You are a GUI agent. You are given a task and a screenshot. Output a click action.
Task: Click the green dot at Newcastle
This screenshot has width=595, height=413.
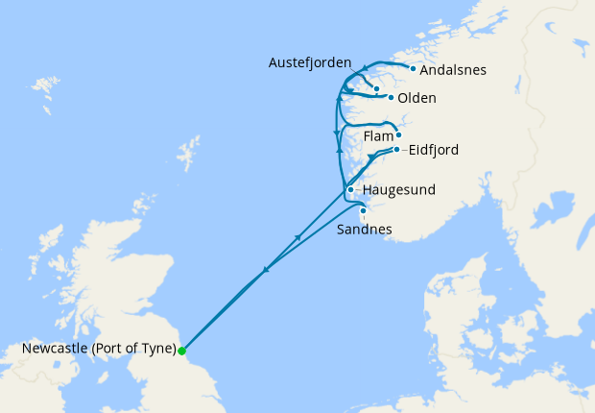181,351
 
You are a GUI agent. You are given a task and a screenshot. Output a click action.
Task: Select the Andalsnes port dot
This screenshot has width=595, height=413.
413,68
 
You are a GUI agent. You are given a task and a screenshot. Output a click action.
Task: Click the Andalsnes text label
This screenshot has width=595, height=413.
453,70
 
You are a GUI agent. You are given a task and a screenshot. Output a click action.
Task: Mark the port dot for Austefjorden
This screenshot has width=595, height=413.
377,89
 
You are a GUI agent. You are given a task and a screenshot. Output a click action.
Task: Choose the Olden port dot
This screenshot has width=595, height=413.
391,98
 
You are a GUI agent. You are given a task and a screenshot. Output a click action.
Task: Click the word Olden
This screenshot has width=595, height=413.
417,98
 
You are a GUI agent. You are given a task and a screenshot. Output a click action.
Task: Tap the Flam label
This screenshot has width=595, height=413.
377,136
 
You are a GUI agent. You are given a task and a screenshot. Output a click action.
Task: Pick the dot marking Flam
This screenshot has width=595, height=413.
398,135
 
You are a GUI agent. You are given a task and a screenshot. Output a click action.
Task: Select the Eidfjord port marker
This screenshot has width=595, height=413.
396,150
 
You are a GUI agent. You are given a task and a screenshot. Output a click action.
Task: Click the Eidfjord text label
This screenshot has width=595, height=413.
433,150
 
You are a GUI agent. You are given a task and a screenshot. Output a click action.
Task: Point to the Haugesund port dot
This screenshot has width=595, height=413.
350,190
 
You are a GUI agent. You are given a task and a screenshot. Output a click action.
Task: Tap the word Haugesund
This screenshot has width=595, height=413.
398,190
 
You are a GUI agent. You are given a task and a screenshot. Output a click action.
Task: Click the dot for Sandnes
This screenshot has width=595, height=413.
363,210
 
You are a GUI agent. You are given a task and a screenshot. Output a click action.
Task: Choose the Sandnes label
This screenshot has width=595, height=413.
365,231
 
